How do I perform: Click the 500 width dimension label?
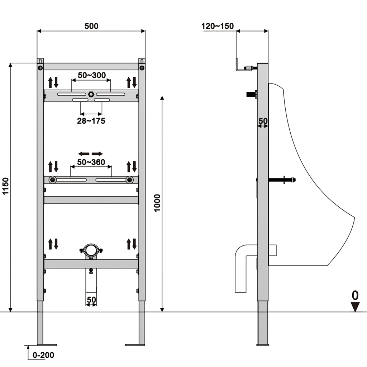pos(91,26)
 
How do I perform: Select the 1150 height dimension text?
pos(5,186)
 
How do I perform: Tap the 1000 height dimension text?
pos(157,203)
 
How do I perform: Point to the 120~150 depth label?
pos(218,26)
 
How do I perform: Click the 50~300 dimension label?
pos(92,75)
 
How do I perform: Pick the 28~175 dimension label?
pos(91,121)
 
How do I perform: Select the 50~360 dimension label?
pos(91,162)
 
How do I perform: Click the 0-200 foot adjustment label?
pos(43,355)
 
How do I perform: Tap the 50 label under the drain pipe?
pos(91,300)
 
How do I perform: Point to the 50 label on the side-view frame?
pos(263,121)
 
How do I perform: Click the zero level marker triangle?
pos(355,307)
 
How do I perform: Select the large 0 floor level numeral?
pos(355,295)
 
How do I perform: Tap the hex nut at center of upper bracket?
pos(91,94)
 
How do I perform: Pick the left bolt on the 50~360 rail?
pos(53,180)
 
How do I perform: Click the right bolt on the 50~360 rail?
pos(129,180)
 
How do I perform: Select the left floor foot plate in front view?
pos(47,345)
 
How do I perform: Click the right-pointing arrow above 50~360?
pos(97,154)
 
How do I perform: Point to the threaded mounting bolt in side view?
pos(282,180)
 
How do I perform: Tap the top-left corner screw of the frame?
pos(40,68)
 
